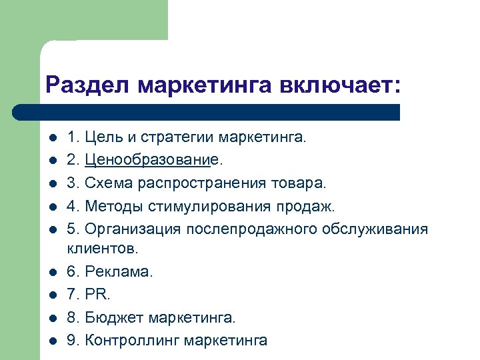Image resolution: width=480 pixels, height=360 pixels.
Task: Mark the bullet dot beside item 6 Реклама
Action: click(x=53, y=273)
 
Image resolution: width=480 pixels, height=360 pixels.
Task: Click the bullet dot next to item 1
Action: click(x=53, y=139)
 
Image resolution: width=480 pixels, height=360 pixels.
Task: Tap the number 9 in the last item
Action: click(x=71, y=340)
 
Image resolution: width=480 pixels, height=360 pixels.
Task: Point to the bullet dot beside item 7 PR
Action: click(x=53, y=295)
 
